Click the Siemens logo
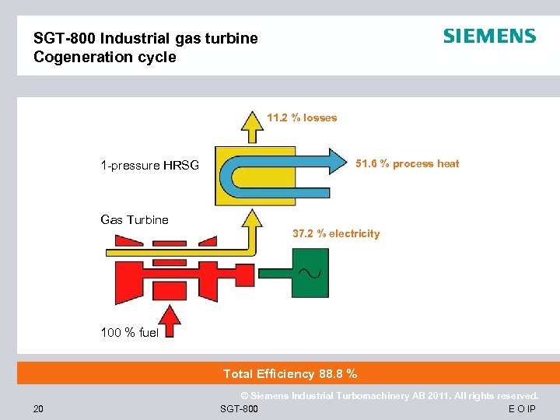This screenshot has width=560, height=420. pyautogui.click(x=489, y=37)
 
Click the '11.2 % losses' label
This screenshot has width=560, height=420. pyautogui.click(x=302, y=118)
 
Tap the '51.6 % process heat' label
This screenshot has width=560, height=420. pyautogui.click(x=407, y=163)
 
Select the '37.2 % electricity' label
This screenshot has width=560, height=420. pyautogui.click(x=336, y=233)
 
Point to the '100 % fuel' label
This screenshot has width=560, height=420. pyautogui.click(x=129, y=333)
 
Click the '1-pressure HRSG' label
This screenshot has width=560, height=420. pyautogui.click(x=149, y=165)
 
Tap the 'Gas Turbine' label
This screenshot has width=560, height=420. pyautogui.click(x=135, y=220)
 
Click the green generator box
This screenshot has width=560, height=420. pyautogui.click(x=308, y=273)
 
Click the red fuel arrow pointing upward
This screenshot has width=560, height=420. pyautogui.click(x=172, y=320)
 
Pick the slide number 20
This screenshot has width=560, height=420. pyautogui.click(x=39, y=408)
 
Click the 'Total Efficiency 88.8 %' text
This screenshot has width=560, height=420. pyautogui.click(x=290, y=374)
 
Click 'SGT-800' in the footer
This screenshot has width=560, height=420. pyautogui.click(x=240, y=409)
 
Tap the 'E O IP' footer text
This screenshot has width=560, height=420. pyautogui.click(x=522, y=409)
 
